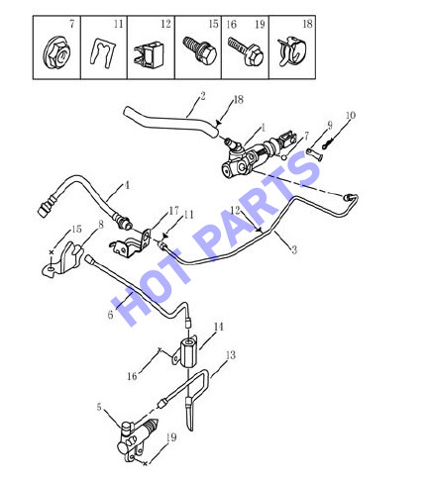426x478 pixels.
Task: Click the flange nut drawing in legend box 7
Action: click(56, 52)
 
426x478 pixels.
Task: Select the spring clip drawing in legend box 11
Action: click(104, 53)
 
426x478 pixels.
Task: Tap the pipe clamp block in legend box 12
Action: click(149, 53)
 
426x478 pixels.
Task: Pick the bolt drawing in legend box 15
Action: click(199, 50)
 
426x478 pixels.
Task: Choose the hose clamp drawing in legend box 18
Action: click(292, 51)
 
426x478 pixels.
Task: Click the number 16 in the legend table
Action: click(232, 24)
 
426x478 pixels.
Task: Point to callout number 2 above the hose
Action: click(203, 96)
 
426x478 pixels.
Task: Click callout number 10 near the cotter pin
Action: click(351, 116)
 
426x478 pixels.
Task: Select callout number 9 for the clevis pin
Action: click(330, 125)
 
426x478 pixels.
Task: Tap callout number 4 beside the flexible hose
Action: click(127, 185)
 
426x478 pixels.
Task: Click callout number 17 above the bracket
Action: click(173, 211)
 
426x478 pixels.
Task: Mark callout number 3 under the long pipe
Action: click(294, 249)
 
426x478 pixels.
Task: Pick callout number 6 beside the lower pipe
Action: click(110, 315)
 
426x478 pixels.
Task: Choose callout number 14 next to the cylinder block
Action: click(219, 327)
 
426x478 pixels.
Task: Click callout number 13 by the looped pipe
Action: click(231, 355)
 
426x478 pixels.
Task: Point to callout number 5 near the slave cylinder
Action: click(99, 407)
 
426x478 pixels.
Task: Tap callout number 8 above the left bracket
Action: click(101, 225)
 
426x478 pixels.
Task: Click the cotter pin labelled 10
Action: click(328, 143)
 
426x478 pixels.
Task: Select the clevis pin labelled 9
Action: click(314, 154)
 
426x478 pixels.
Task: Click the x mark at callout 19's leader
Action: click(145, 464)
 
